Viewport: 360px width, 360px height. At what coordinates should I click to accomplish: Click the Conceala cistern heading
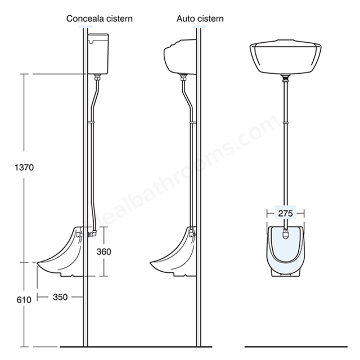click(100, 19)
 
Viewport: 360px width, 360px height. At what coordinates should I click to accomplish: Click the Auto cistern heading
click(200, 19)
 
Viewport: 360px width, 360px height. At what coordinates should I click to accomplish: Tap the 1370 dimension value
click(24, 168)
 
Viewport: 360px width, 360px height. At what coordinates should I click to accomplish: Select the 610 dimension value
click(24, 300)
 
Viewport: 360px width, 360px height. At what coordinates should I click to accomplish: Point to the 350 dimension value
click(60, 297)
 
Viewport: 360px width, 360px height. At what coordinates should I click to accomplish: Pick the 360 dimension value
click(103, 251)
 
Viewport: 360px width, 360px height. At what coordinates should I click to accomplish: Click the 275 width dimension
click(286, 214)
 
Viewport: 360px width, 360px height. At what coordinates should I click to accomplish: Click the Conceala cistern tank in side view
click(98, 54)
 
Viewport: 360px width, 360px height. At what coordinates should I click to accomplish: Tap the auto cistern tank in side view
click(180, 57)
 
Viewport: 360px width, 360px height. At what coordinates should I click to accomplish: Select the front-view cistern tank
click(285, 57)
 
